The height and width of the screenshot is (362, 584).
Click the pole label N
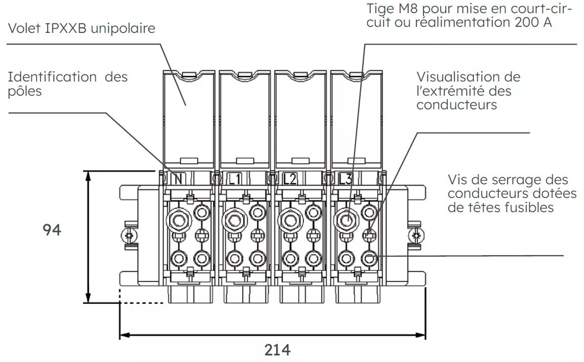[178, 179]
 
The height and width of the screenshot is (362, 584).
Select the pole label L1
[235, 179]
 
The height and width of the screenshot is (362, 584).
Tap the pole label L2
[290, 179]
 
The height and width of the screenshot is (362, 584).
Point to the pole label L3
[345, 179]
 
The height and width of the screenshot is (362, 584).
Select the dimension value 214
[278, 350]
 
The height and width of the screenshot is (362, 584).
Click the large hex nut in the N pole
[178, 219]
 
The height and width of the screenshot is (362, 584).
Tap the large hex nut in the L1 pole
[234, 219]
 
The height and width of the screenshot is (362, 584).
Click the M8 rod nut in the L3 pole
[346, 219]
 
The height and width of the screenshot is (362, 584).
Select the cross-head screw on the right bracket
[417, 235]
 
